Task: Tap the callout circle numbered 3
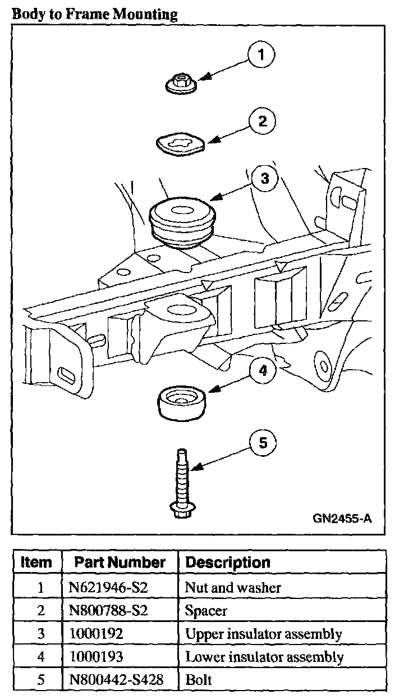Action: [265, 179]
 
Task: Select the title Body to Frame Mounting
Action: [94, 13]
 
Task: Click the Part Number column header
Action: [120, 562]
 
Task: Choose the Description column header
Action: [227, 562]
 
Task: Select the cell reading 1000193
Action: [95, 656]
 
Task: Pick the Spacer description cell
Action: [206, 611]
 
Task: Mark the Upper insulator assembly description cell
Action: [263, 634]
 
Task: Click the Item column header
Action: [36, 562]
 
